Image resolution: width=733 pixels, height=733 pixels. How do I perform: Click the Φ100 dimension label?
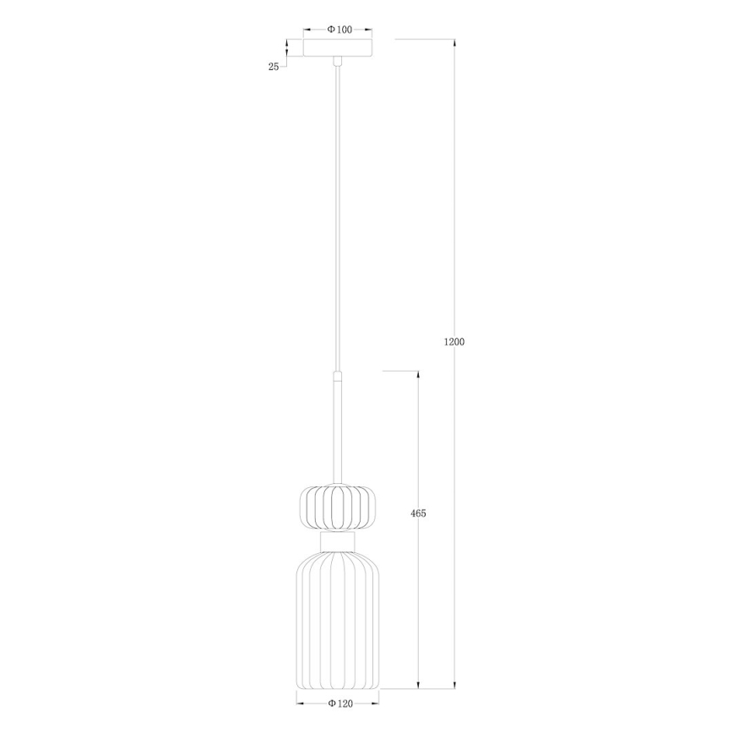[339, 30]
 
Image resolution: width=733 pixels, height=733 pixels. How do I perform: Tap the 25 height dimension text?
[274, 67]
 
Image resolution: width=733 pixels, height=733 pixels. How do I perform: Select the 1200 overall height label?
[454, 342]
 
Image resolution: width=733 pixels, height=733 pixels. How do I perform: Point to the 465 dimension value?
[418, 513]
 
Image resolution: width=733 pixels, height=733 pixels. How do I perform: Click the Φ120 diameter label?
[338, 703]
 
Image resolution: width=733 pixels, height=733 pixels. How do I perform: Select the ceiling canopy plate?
[338, 49]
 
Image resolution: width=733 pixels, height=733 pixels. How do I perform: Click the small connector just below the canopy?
[338, 61]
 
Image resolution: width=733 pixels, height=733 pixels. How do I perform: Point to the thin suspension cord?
[338, 211]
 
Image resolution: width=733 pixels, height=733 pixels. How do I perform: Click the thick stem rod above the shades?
[338, 431]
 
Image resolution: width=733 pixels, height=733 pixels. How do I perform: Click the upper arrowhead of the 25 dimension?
[286, 43]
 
